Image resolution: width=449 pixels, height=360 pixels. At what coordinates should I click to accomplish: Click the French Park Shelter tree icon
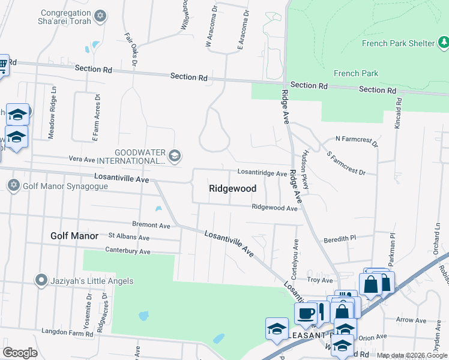(442, 43)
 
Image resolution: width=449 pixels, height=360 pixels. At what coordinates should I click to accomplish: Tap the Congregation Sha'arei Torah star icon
(101, 15)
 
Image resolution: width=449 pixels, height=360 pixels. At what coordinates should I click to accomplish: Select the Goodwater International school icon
(174, 156)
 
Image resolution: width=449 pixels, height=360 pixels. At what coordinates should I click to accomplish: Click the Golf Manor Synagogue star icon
(13, 185)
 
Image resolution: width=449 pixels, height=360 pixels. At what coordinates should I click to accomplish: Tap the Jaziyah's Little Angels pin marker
(41, 280)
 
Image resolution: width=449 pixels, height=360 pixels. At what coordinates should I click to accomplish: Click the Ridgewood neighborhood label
(232, 188)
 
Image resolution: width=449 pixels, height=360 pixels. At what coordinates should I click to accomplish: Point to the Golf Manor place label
(74, 236)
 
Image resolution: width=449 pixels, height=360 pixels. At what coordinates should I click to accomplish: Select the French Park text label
(356, 73)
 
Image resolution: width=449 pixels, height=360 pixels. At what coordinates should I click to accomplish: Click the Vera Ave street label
(82, 160)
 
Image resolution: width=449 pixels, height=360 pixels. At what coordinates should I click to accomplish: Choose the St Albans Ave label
(128, 238)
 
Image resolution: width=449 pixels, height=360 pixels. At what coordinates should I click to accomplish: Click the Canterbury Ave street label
(127, 250)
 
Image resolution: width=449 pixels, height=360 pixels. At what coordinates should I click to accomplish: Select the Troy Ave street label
(319, 280)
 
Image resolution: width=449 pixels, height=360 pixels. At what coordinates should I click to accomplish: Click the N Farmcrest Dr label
(357, 142)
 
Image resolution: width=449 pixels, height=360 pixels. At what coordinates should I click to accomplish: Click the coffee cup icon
(306, 313)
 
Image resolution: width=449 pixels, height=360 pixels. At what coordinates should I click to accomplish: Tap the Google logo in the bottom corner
(20, 352)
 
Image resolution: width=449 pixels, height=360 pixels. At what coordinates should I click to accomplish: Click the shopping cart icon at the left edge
(3, 64)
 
